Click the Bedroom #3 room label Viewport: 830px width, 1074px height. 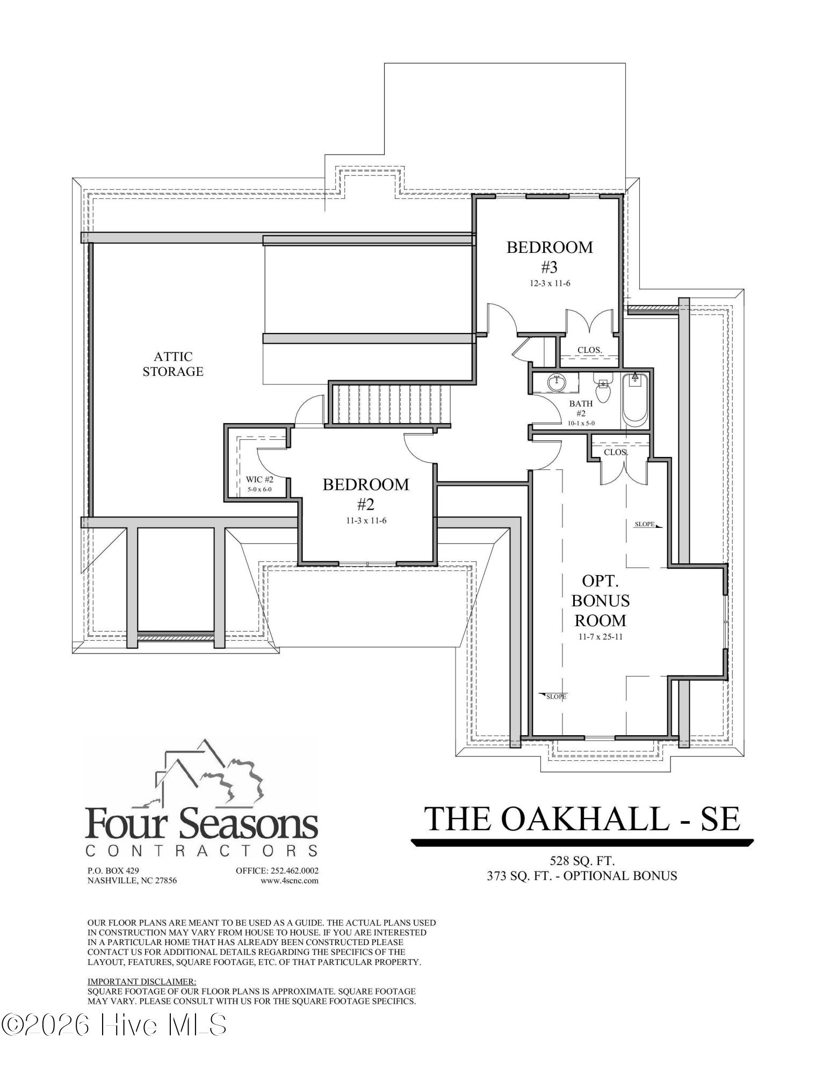click(550, 257)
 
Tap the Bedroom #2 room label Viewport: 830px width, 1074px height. click(366, 494)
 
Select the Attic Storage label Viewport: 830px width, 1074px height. click(173, 364)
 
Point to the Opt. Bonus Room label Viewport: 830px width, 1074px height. click(601, 600)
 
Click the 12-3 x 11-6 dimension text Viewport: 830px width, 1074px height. click(549, 284)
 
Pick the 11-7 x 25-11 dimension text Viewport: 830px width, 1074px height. click(601, 637)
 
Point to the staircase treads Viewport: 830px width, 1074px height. click(389, 403)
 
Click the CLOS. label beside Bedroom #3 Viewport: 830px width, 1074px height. click(590, 350)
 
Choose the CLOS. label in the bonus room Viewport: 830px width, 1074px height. click(616, 452)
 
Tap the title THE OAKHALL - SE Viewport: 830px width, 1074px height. click(582, 818)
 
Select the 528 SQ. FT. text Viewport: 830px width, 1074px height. click(582, 861)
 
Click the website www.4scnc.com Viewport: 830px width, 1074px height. click(290, 881)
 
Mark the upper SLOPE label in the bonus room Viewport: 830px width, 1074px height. click(645, 524)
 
